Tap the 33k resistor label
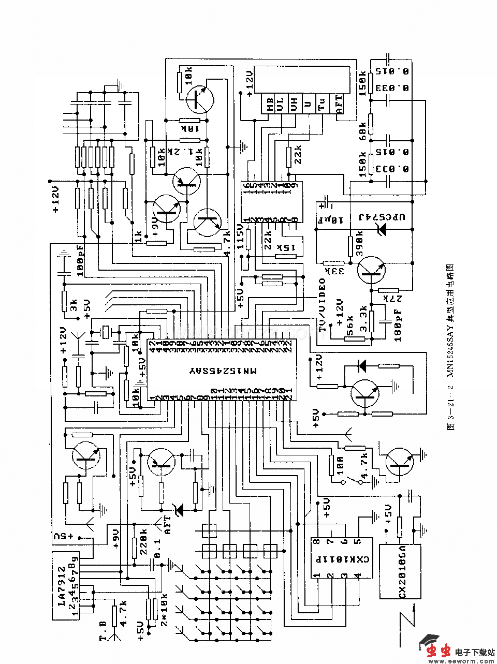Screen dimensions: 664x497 pos(328,272)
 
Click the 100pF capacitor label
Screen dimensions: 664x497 pos(80,262)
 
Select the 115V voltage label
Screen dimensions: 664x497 pos(240,237)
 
